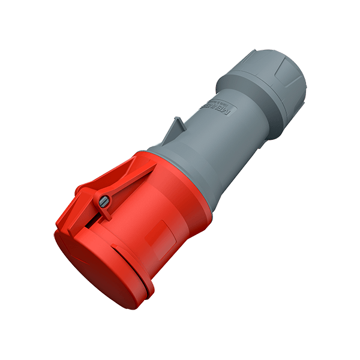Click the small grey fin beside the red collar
point(176,128)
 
